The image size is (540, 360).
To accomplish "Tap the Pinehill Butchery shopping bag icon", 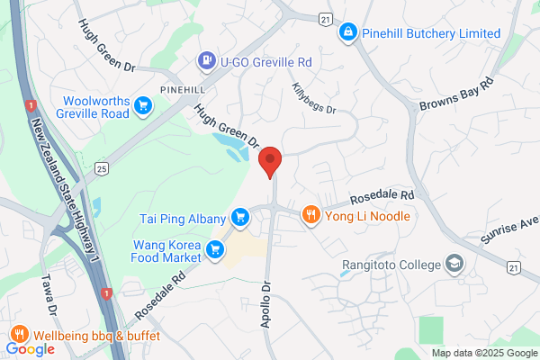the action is tap(347, 33).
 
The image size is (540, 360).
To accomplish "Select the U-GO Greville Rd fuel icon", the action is tap(206, 62).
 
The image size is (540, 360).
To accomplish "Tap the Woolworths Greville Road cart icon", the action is tap(141, 107).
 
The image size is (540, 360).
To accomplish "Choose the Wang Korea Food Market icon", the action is tap(215, 250).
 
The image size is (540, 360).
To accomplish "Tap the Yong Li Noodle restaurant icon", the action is tap(310, 215).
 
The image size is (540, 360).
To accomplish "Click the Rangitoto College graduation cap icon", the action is tap(455, 265).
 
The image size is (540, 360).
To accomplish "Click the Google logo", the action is tap(30, 349).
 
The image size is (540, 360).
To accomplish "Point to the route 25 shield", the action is tap(102, 167).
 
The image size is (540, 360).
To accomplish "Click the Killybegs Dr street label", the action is tap(313, 98).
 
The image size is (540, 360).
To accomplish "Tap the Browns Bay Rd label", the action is tap(457, 94).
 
